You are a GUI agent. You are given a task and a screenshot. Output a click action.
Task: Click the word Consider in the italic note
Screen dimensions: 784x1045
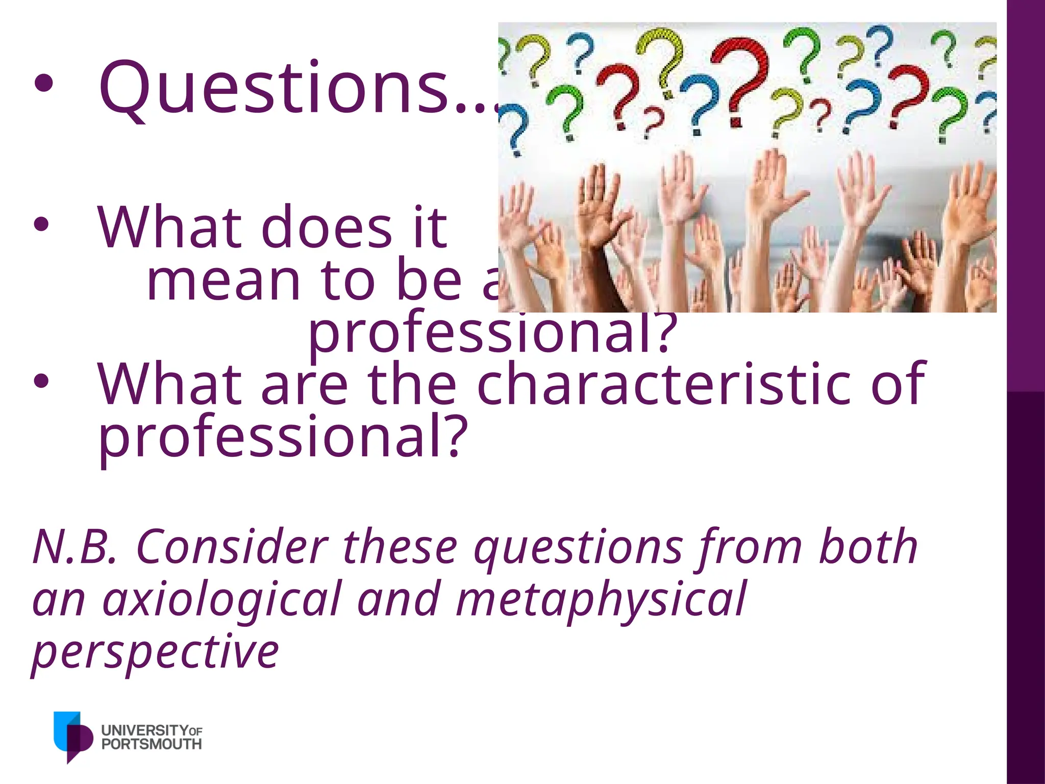click(x=232, y=547)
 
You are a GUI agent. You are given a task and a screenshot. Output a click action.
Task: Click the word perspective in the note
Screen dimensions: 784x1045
click(x=156, y=653)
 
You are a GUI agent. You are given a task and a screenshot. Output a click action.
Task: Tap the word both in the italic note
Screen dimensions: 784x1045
click(x=867, y=547)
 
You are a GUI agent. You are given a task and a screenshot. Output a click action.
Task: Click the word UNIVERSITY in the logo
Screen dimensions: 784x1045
click(x=145, y=730)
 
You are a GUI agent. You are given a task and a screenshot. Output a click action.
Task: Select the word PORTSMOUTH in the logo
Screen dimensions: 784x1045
click(x=152, y=744)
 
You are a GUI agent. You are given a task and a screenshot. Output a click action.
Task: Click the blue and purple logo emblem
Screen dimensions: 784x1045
click(x=72, y=736)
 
